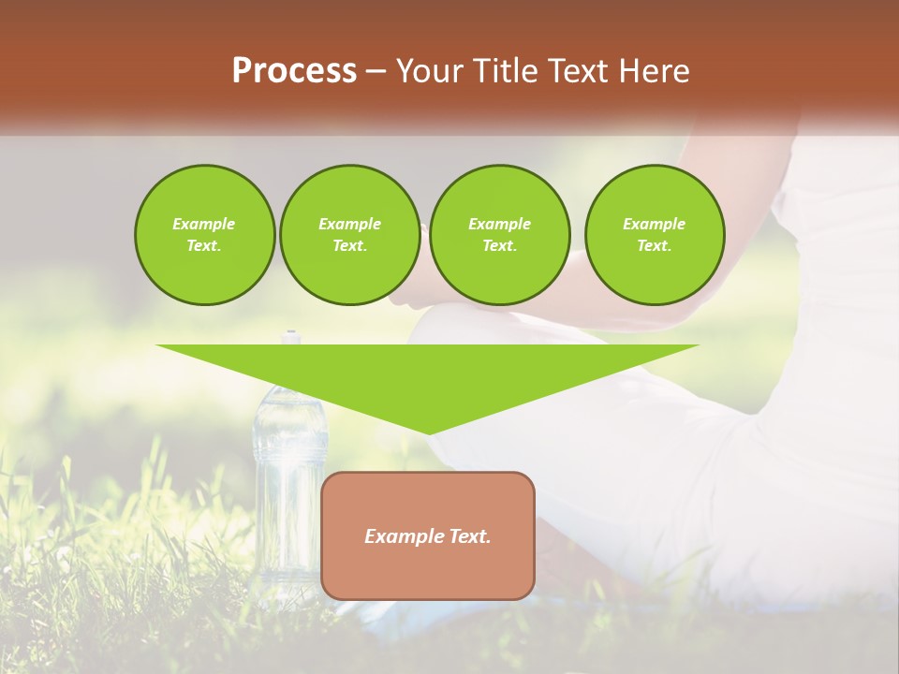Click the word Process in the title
[x=294, y=71]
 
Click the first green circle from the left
[x=204, y=235]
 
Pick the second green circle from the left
[x=349, y=235]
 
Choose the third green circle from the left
[x=499, y=235]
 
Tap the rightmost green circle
[x=654, y=235]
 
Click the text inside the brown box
[x=428, y=536]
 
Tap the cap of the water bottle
[x=291, y=335]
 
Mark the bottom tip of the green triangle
[x=429, y=432]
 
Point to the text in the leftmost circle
[x=204, y=235]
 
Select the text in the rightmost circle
[x=654, y=235]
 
